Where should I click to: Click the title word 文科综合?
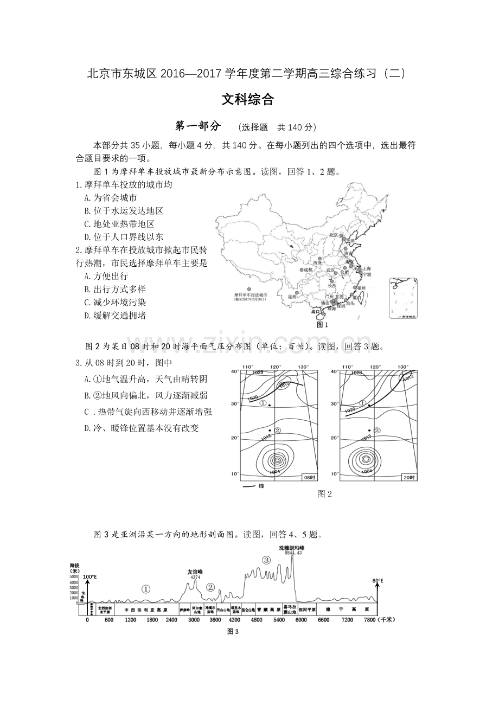[248, 100]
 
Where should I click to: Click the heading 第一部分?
[198, 126]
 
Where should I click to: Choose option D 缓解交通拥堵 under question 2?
[115, 315]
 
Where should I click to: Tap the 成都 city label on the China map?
[308, 269]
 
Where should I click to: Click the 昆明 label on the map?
[292, 297]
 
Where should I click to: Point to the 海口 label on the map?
[316, 312]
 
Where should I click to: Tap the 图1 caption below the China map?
[323, 324]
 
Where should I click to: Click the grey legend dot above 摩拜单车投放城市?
[250, 289]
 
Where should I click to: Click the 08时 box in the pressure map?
[308, 477]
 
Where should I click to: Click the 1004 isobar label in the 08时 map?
[274, 472]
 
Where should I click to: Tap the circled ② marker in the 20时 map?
[377, 430]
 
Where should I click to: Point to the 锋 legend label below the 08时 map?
[261, 486]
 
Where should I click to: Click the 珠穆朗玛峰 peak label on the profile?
[291, 548]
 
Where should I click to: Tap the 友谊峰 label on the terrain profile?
[195, 572]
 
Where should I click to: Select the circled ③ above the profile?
[266, 560]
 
